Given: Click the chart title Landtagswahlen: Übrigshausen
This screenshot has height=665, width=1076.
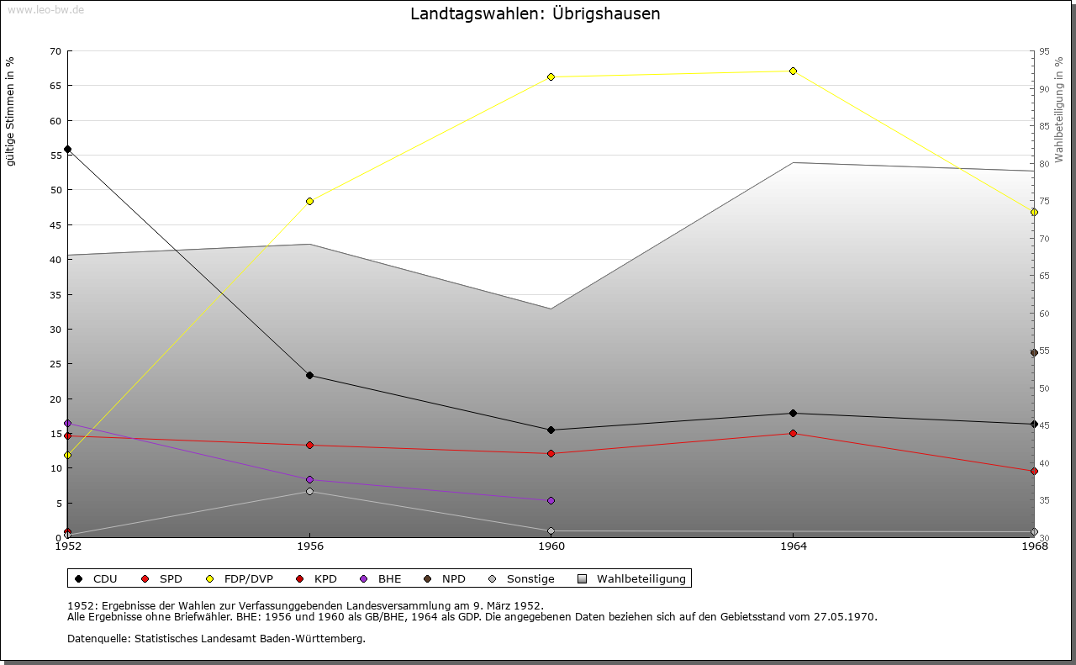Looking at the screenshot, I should tap(535, 14).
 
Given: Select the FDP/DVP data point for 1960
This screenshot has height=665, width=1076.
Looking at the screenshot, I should tap(551, 77).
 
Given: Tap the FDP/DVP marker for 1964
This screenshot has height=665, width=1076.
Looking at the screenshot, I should tap(793, 71).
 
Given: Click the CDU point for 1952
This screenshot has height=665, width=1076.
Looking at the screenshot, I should tap(67, 149).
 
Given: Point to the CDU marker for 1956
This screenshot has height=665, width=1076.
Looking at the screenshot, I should tap(309, 375).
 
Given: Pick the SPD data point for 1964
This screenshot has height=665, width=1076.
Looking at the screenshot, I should tap(793, 433).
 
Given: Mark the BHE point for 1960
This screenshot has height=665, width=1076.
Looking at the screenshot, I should tap(551, 500).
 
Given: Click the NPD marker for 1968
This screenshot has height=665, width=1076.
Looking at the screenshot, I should tap(1034, 353).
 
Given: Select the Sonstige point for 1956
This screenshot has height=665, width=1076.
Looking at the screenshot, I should tap(309, 491).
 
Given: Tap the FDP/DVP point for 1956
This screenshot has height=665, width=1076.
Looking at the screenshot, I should tap(309, 201).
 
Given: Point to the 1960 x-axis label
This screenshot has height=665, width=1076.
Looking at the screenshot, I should tap(551, 546).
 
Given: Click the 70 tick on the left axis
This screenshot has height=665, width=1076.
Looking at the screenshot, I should tap(55, 51).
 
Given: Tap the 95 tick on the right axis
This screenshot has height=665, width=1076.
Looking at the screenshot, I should tap(1044, 51).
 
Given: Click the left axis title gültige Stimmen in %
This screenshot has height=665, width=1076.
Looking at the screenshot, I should tap(11, 111).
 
